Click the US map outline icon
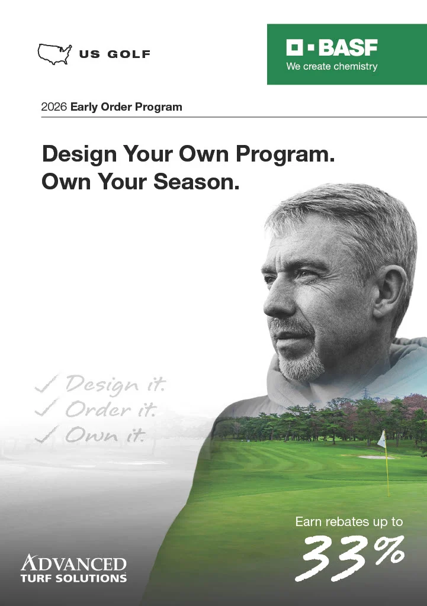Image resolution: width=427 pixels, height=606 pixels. pyautogui.click(x=54, y=54)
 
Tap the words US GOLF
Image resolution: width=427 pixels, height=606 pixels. pyautogui.click(x=115, y=55)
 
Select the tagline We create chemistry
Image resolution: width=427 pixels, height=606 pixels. pyautogui.click(x=332, y=66)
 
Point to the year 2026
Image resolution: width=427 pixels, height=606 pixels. pyautogui.click(x=54, y=107)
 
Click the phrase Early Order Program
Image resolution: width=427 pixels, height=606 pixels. pyautogui.click(x=126, y=107)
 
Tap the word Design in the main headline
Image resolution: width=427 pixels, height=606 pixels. pyautogui.click(x=79, y=155)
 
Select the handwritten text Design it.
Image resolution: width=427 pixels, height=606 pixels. pyautogui.click(x=116, y=385)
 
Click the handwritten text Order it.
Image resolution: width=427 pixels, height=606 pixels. pyautogui.click(x=110, y=410)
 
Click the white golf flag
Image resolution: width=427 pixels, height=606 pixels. pyautogui.click(x=382, y=439)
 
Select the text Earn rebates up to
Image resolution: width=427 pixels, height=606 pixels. pyautogui.click(x=349, y=522)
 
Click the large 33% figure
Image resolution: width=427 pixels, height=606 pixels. pyautogui.click(x=353, y=556)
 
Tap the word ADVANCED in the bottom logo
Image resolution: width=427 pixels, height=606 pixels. pyautogui.click(x=73, y=563)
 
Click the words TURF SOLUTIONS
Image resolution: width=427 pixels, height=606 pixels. pyautogui.click(x=73, y=578)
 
